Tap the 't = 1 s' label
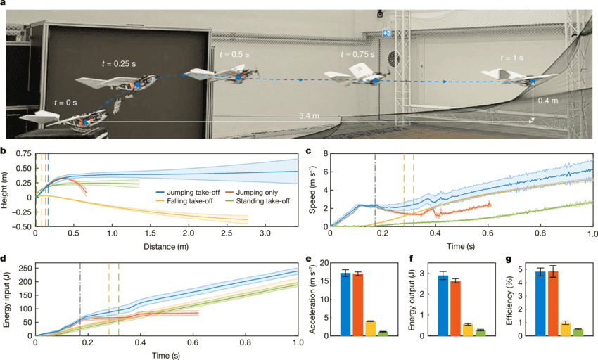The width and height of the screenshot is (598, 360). click(x=512, y=58)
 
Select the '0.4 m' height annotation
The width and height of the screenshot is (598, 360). click(x=549, y=101)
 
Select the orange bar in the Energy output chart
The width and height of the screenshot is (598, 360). click(x=456, y=308)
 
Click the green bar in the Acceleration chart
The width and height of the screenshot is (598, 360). click(x=383, y=333)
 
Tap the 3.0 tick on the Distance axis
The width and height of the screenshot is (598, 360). click(x=265, y=231)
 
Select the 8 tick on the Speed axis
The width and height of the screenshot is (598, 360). click(x=325, y=153)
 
